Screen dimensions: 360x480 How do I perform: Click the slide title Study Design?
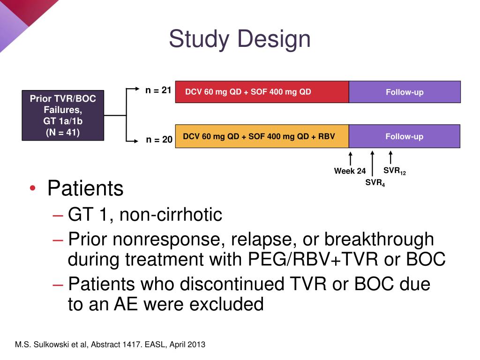pyautogui.click(x=240, y=39)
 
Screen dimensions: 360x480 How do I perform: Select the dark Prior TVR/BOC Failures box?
pyautogui.click(x=63, y=115)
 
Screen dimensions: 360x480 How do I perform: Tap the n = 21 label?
pyautogui.click(x=158, y=90)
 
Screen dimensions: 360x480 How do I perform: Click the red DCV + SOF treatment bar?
pyautogui.click(x=262, y=92)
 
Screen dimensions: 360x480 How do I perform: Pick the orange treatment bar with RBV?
pyautogui.click(x=262, y=136)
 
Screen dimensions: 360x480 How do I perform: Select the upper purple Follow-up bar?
pyautogui.click(x=405, y=92)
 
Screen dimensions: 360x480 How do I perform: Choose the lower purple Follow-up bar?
pyautogui.click(x=405, y=136)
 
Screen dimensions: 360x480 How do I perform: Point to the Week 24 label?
pyautogui.click(x=350, y=171)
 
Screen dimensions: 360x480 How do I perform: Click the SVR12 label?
pyautogui.click(x=394, y=171)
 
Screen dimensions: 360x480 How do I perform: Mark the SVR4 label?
pyautogui.click(x=375, y=183)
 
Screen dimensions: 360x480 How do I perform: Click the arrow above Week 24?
pyautogui.click(x=350, y=158)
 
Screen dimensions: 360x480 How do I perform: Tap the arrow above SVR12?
pyautogui.click(x=390, y=157)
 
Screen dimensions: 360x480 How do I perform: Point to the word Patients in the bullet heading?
pyautogui.click(x=85, y=188)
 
